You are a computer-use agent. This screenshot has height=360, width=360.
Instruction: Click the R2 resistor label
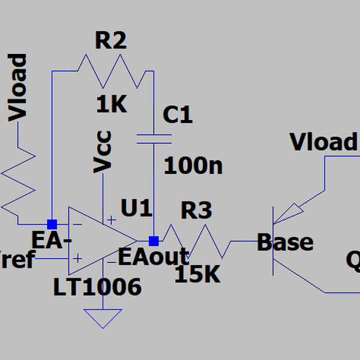click(111, 41)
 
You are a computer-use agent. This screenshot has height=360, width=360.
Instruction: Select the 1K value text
click(111, 105)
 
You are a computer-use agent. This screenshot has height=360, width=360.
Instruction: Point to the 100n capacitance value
click(192, 164)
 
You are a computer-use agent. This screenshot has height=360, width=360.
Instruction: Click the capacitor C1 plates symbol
click(154, 139)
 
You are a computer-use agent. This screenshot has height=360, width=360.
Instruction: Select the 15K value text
click(198, 274)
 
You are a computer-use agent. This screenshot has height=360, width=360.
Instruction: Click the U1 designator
click(136, 209)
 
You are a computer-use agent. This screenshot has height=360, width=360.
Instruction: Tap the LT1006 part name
click(97, 287)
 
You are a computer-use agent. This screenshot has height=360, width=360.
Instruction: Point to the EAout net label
click(154, 257)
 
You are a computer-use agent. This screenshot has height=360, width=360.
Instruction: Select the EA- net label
click(52, 241)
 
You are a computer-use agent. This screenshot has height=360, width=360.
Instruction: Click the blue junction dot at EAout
click(154, 241)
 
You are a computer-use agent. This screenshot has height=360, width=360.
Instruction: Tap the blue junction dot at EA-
click(52, 224)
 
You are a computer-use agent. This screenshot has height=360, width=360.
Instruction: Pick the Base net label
click(285, 242)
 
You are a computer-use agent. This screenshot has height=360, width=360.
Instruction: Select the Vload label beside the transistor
click(323, 142)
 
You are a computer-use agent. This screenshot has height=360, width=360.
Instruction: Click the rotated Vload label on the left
click(19, 88)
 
